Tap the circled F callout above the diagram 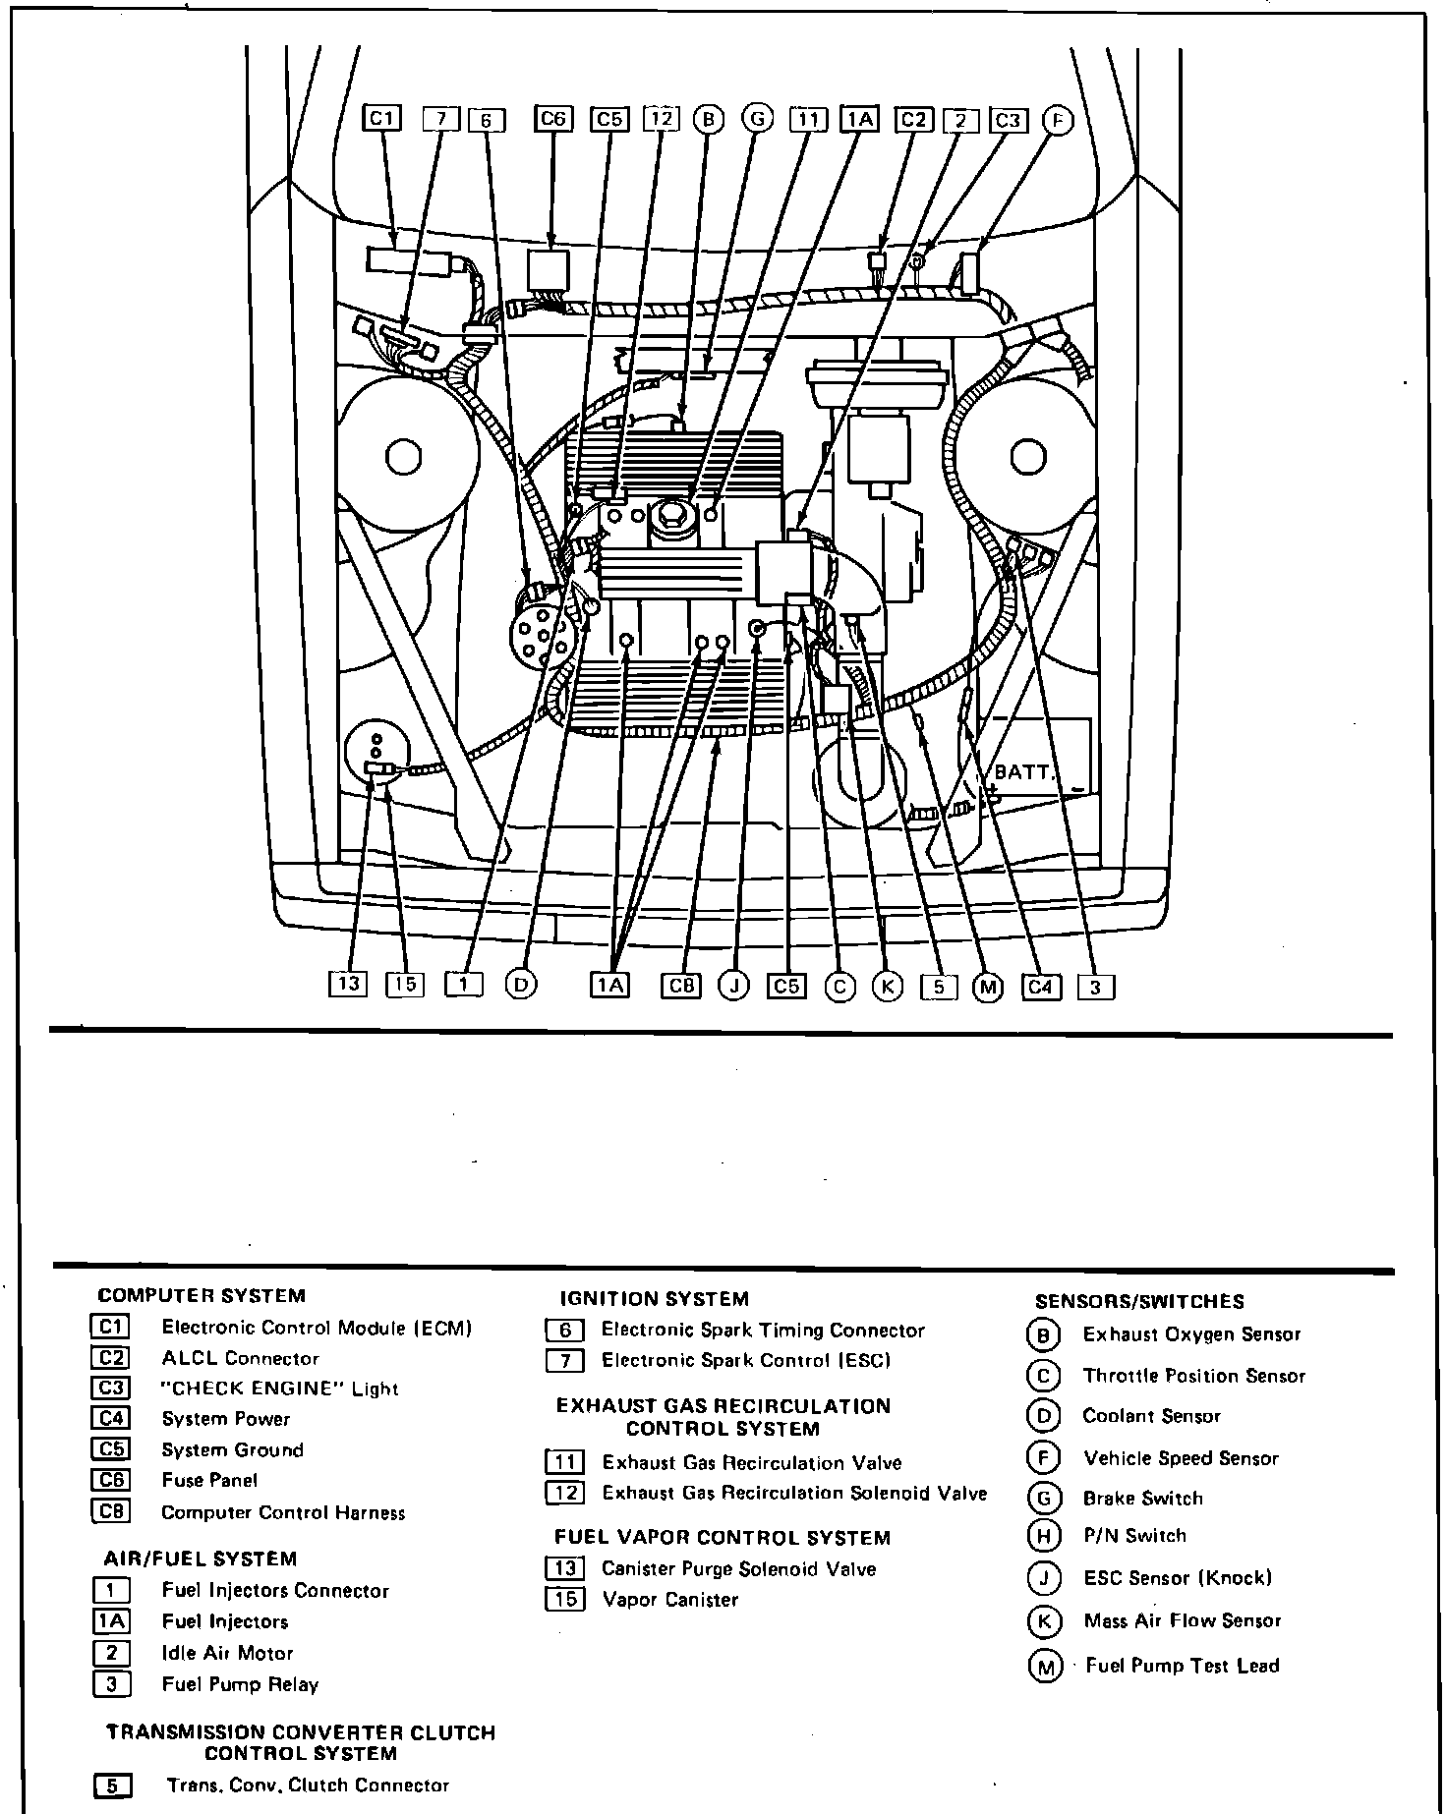pos(1058,120)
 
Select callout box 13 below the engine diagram pos(348,985)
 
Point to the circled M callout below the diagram pos(987,987)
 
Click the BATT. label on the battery pos(1022,771)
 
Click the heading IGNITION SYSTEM pos(654,1299)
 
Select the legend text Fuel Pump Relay pos(240,1684)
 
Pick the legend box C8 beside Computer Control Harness pos(110,1512)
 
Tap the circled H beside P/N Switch pos(1043,1536)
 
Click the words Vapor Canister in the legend pos(669,1600)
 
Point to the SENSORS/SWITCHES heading pos(1139,1302)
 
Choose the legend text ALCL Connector pos(240,1358)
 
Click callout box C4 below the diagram pos(1040,986)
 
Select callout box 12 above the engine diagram pos(662,119)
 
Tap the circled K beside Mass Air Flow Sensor pos(1043,1621)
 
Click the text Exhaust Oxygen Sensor pos(1191,1334)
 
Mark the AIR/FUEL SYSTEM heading pos(200,1559)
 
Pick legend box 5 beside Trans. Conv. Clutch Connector pos(111,1786)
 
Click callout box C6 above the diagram pos(553,119)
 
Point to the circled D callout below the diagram pos(521,985)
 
